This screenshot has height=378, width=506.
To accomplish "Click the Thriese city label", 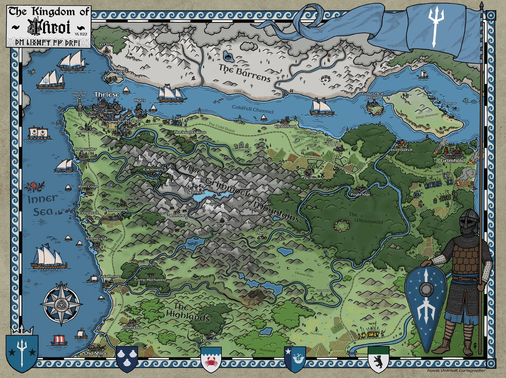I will (x=107, y=95).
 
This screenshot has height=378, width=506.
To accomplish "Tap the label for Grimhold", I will (x=452, y=160).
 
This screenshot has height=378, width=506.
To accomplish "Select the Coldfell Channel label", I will (x=253, y=109).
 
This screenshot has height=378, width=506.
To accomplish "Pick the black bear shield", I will (x=378, y=359).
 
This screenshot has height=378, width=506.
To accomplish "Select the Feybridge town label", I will (x=361, y=194).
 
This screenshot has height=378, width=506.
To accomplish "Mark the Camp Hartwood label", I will (x=150, y=280).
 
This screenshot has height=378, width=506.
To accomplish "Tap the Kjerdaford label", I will (x=285, y=126).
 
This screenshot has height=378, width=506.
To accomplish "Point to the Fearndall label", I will (x=209, y=340).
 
